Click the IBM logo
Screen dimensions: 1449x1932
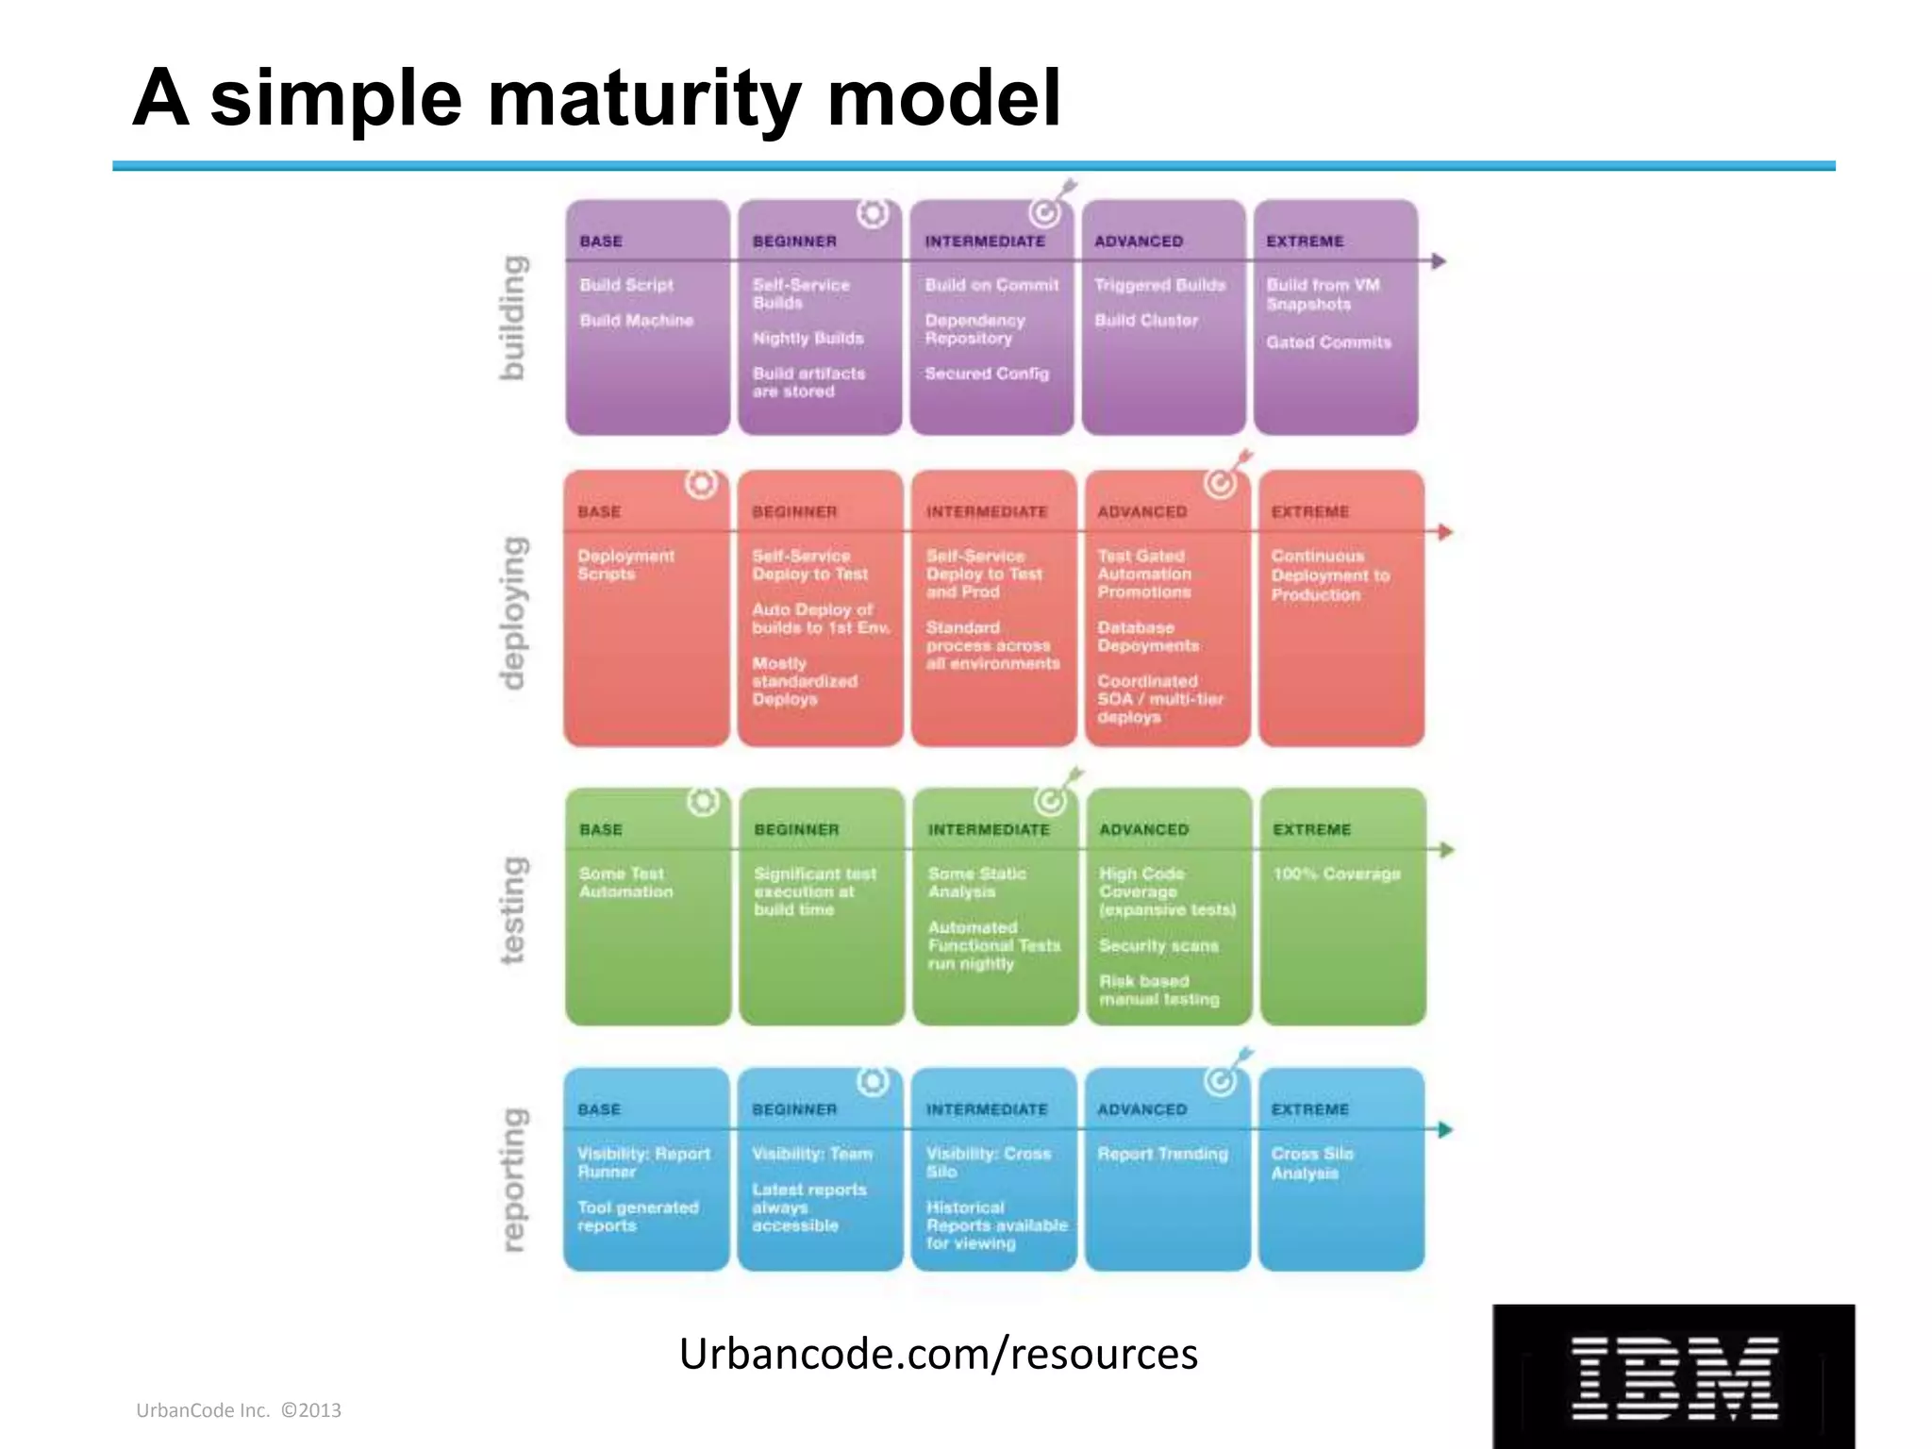click(x=1674, y=1377)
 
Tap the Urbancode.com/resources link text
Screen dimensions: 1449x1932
click(x=938, y=1354)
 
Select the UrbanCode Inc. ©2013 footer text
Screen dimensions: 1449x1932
click(x=239, y=1410)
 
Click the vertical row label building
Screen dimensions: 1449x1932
click(x=511, y=318)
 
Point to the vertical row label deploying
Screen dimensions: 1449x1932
click(x=511, y=612)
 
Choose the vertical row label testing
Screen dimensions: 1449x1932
click(x=511, y=910)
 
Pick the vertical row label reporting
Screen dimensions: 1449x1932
click(x=511, y=1179)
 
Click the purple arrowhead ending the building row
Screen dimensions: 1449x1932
click(x=1438, y=261)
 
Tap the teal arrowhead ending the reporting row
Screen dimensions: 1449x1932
click(x=1444, y=1129)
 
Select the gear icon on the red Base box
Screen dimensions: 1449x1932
click(x=701, y=484)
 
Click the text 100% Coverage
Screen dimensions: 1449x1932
click(x=1336, y=874)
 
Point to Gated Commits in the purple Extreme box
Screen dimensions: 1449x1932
click(x=1328, y=342)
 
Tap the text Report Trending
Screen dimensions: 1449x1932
click(x=1162, y=1154)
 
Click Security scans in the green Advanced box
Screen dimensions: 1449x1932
click(x=1158, y=945)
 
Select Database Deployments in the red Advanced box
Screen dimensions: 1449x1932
click(x=1148, y=637)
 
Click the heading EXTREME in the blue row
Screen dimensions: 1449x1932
click(x=1309, y=1110)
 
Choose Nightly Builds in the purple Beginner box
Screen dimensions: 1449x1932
click(x=808, y=338)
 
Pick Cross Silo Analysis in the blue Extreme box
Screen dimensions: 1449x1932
click(x=1311, y=1163)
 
